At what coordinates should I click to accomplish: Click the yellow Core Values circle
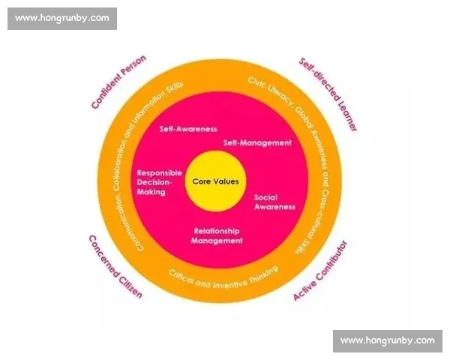point(215,181)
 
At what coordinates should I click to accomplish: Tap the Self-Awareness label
point(188,129)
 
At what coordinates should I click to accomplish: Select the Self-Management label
point(257,142)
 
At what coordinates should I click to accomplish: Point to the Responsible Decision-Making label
point(159,182)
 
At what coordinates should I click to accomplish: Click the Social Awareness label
point(274,202)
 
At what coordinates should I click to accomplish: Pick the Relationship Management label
point(217,235)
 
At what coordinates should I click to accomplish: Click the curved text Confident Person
point(118,82)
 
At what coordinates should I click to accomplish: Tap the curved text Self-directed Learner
point(328,94)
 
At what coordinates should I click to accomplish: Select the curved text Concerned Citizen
point(115,267)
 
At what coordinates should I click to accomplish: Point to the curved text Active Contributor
point(320,271)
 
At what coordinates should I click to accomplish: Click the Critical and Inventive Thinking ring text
point(223,277)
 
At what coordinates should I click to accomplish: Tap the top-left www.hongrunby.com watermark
point(62,18)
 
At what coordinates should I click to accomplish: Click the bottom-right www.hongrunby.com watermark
point(388,340)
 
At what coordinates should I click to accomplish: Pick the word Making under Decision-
point(151,192)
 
